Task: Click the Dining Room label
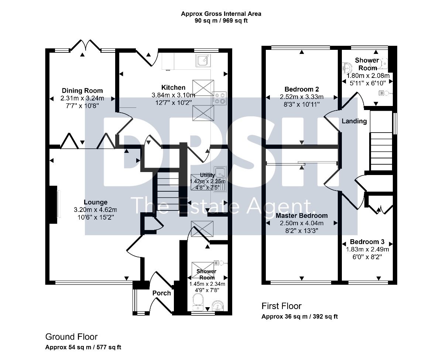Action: (x=82, y=91)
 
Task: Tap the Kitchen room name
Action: (x=173, y=88)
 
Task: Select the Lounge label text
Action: (x=96, y=202)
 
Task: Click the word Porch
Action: (x=162, y=293)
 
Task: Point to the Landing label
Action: (x=354, y=121)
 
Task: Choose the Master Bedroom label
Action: (x=302, y=216)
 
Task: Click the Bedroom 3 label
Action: (x=367, y=242)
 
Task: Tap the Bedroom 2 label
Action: (x=302, y=89)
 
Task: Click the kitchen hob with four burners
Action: (x=219, y=98)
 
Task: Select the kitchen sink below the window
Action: (x=203, y=60)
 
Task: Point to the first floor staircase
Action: (x=381, y=151)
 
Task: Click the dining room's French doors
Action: (x=86, y=45)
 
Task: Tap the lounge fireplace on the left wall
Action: (x=53, y=205)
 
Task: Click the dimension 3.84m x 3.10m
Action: (x=173, y=95)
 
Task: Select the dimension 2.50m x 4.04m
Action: (x=302, y=223)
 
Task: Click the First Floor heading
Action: (x=281, y=306)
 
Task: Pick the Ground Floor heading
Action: (x=71, y=337)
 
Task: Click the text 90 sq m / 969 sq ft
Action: (x=221, y=21)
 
